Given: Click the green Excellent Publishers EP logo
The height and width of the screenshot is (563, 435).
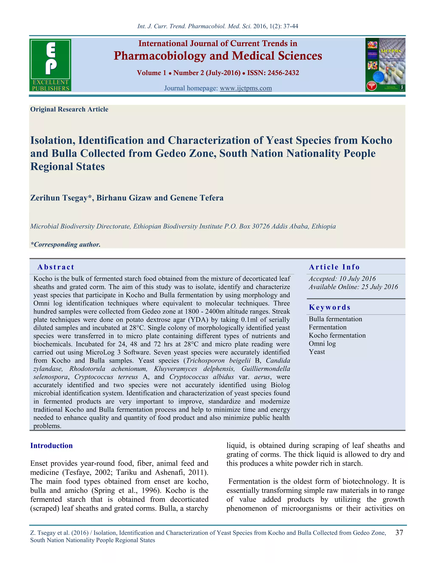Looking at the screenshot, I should click(x=51, y=65).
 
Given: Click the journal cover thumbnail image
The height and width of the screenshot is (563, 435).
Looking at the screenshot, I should click(x=385, y=65).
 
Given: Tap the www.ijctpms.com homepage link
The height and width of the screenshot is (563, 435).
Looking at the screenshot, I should click(x=246, y=88).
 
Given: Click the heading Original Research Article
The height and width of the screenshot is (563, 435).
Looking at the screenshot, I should click(x=69, y=109).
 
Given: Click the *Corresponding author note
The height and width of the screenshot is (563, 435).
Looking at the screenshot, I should click(x=65, y=244).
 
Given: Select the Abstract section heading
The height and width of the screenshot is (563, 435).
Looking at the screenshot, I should click(x=56, y=267).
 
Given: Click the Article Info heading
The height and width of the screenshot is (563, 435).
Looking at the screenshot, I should click(x=334, y=267).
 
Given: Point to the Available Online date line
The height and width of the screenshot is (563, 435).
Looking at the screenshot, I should click(x=353, y=287).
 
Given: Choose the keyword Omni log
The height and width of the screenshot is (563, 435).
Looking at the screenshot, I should click(x=322, y=344).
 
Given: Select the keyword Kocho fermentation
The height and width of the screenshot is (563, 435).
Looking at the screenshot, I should click(x=337, y=335).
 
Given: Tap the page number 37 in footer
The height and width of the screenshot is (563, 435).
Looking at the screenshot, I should click(x=399, y=533).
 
